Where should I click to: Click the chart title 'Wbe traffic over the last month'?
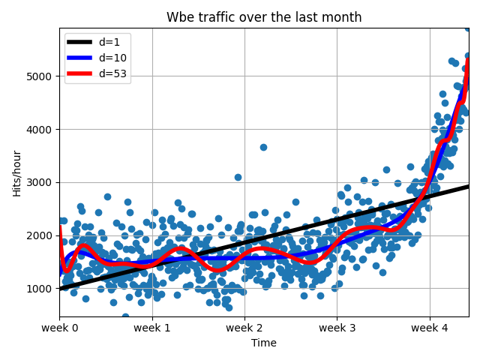click(x=264, y=17)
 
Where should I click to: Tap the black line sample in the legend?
click(x=80, y=43)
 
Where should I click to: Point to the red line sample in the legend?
click(x=80, y=73)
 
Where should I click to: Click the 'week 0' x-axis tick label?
click(x=59, y=328)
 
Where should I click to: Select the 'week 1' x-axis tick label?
click(x=152, y=328)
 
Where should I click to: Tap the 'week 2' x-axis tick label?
click(x=244, y=328)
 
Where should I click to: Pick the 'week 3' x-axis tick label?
click(x=337, y=328)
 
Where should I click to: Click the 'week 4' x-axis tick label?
click(x=430, y=328)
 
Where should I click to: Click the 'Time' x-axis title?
click(x=264, y=343)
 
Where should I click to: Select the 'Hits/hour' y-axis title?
click(x=16, y=172)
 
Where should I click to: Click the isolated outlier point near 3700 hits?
click(x=263, y=147)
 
